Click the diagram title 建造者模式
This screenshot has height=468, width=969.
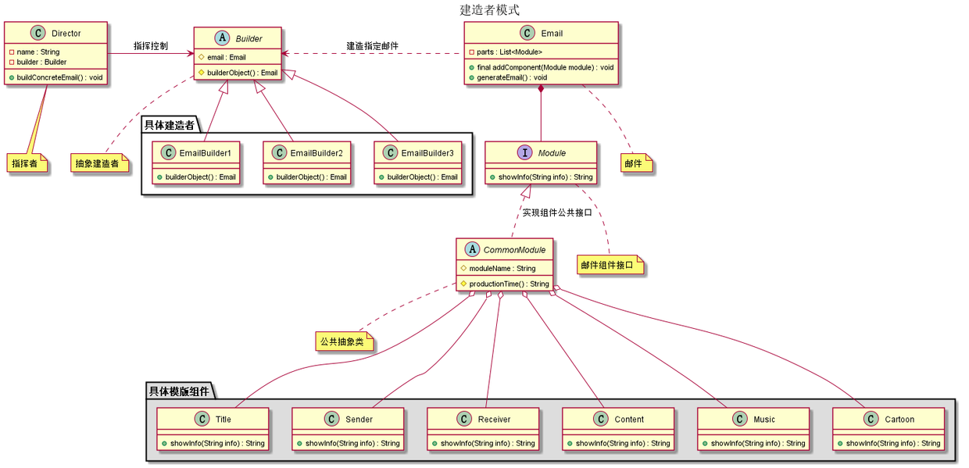point(489,10)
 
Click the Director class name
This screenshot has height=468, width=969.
point(66,34)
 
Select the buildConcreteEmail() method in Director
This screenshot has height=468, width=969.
point(59,77)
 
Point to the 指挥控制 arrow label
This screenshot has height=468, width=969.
point(150,47)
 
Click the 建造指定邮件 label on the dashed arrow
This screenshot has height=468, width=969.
point(372,46)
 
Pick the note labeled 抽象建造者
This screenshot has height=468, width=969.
point(99,163)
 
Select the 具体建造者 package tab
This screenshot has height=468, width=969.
point(170,125)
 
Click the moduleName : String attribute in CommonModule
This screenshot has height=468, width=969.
point(502,268)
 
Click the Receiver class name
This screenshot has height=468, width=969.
point(494,420)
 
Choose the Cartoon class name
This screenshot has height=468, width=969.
point(899,420)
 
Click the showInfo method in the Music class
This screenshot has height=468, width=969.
point(758,443)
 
